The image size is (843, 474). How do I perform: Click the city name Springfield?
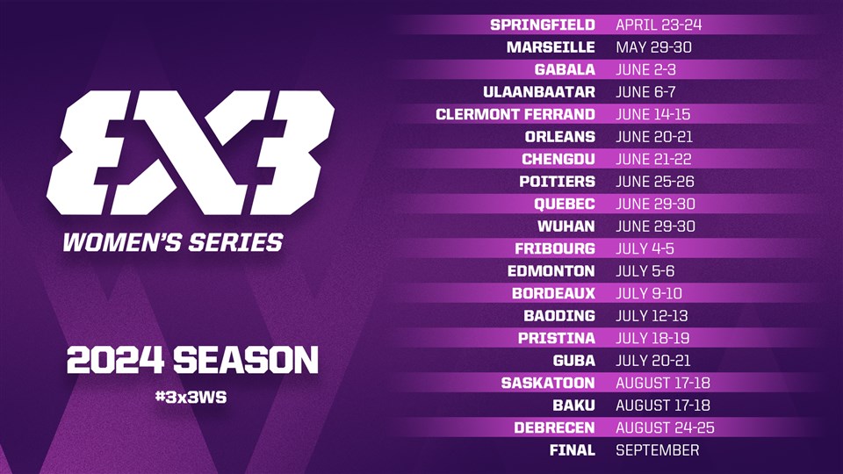(543, 25)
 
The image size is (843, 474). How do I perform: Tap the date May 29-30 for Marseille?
(653, 47)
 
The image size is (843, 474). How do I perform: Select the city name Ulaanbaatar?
(538, 92)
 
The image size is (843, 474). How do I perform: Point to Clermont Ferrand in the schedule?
(515, 114)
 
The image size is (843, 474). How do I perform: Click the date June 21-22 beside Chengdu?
(653, 159)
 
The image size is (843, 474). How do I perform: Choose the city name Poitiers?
(557, 182)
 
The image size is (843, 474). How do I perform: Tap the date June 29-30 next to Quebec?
(655, 205)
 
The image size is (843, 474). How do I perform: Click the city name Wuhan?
(566, 226)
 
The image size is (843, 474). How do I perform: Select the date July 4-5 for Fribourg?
(645, 248)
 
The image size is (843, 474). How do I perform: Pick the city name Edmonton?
(551, 271)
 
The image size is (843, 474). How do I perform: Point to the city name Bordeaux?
(553, 293)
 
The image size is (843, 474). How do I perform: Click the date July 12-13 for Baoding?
(652, 316)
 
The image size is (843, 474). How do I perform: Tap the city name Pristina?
(557, 339)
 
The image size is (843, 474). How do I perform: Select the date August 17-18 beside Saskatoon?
(663, 384)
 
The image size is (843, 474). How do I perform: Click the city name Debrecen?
(554, 427)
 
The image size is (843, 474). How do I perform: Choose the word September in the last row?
(658, 450)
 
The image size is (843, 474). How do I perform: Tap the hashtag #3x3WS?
(191, 397)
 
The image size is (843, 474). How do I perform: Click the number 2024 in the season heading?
(115, 360)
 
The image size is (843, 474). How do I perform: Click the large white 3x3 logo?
(191, 153)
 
